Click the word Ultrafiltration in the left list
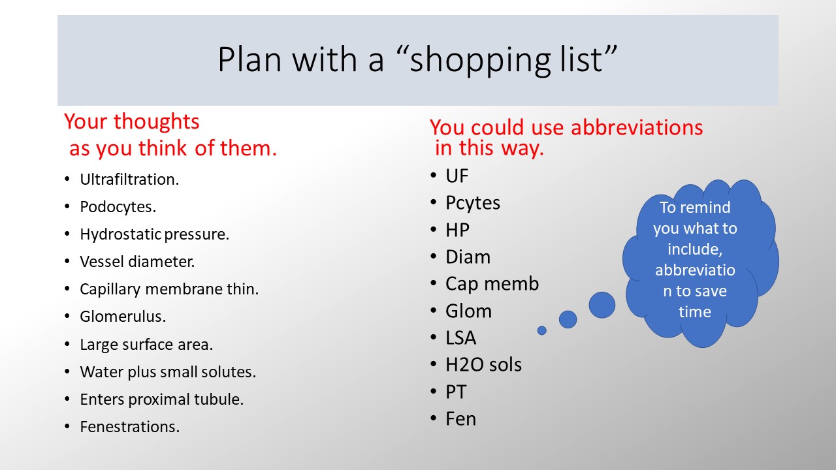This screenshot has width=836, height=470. tap(129, 180)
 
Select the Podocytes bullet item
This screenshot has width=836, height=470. tap(118, 207)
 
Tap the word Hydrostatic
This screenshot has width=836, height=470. tap(121, 234)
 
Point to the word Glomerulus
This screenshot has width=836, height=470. tap(123, 317)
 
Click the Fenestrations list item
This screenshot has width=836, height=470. tap(129, 427)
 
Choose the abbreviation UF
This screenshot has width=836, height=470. tap(457, 176)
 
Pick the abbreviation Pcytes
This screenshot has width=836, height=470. tap(472, 203)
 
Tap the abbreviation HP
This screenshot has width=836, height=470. tap(457, 230)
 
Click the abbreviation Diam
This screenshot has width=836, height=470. tap(468, 257)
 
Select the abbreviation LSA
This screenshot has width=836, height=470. tap(460, 338)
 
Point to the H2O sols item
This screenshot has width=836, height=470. tap(483, 365)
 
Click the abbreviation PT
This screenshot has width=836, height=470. tap(456, 392)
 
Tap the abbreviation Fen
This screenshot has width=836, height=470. tap(460, 419)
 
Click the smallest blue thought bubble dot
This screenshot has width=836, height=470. tap(542, 330)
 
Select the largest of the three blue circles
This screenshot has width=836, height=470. tap(602, 305)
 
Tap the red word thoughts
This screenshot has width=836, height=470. tap(156, 121)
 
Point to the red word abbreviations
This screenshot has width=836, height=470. tap(637, 127)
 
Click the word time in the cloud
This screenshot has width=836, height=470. tap(694, 312)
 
